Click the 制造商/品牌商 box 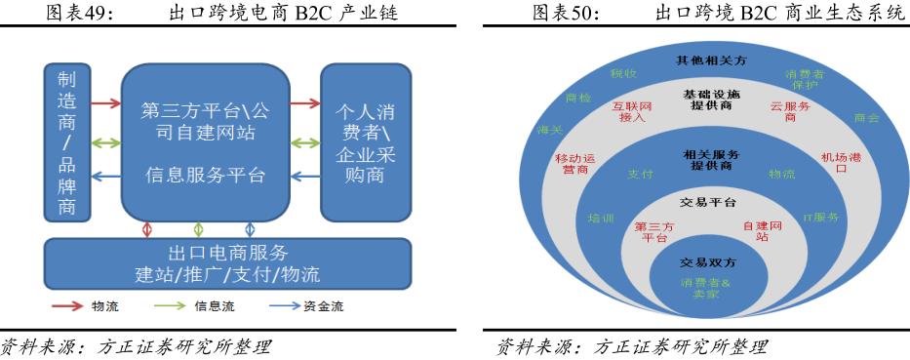point(66,141)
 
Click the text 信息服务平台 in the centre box point(205,176)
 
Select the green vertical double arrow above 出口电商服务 point(199,229)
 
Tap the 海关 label point(548,129)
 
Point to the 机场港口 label point(841,163)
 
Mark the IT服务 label point(820,218)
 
